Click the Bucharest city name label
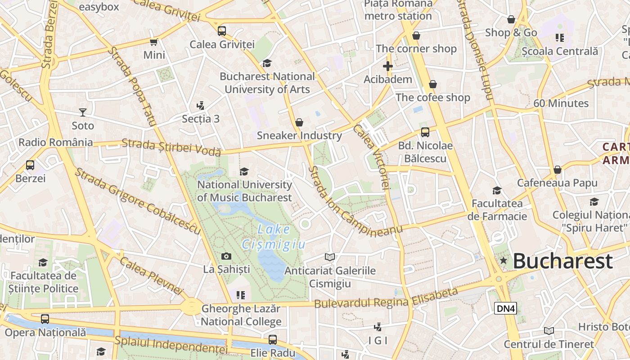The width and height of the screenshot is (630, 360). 562,261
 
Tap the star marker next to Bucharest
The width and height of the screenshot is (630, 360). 503,261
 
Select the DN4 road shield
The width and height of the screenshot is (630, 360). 505,308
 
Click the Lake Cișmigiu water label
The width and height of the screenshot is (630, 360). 274,237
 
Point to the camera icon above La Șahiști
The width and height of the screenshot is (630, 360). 226,256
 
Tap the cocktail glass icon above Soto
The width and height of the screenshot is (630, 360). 83,112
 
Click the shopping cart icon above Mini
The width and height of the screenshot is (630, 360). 154,42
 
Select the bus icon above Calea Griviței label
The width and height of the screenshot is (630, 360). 222,31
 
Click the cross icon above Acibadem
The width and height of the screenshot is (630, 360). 387,66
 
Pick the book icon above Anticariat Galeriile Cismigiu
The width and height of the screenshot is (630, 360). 330,257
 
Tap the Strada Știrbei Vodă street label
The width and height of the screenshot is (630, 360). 171,147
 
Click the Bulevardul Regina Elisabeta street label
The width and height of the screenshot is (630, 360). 386,299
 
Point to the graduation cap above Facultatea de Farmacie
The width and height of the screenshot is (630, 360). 497,190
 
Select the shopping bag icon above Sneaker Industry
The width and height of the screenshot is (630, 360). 299,122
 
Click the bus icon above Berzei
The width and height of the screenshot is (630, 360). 30,165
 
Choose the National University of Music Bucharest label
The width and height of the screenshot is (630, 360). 244,191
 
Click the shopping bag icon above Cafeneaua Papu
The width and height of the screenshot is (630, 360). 557,170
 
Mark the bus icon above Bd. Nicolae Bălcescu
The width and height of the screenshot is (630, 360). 425,132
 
